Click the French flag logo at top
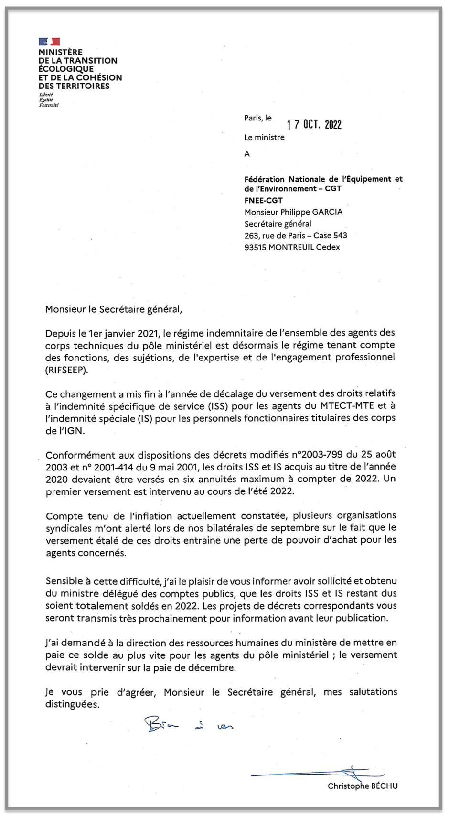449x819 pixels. coord(49,42)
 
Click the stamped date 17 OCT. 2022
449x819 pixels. coord(314,125)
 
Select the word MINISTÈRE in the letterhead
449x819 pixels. coord(60,52)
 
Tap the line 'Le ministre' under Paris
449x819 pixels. coord(264,138)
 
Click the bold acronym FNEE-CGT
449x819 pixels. coord(263,201)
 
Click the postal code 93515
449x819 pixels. coord(255,247)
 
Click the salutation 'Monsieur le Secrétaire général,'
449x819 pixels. coord(114,309)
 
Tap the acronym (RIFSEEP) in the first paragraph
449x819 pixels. coord(67,370)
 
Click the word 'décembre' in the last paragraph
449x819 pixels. coord(212,667)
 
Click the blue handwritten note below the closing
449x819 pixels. coord(189,725)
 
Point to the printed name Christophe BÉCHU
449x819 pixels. coord(363,786)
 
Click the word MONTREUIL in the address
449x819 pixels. coord(291,247)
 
